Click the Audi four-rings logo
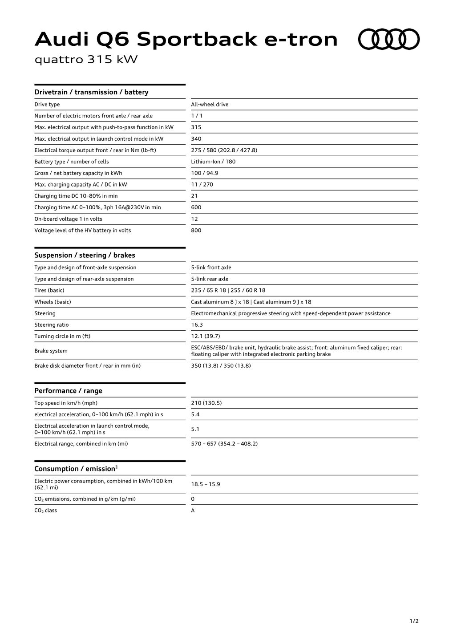(x=389, y=39)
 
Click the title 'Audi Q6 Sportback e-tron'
(x=186, y=39)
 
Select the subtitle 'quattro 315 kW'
(x=86, y=60)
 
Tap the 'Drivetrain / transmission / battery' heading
(x=91, y=92)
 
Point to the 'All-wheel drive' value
(x=210, y=105)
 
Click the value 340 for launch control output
(x=196, y=139)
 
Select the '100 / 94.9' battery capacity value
(x=205, y=173)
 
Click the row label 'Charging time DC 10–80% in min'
(x=76, y=196)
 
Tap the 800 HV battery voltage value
(x=196, y=231)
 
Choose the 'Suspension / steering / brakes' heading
(x=85, y=255)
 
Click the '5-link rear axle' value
(x=210, y=279)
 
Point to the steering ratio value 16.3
(x=197, y=325)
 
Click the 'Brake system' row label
(x=51, y=351)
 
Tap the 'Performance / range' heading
(x=68, y=391)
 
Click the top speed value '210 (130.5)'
(x=206, y=403)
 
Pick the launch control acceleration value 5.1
(x=195, y=429)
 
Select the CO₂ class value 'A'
(x=193, y=511)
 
